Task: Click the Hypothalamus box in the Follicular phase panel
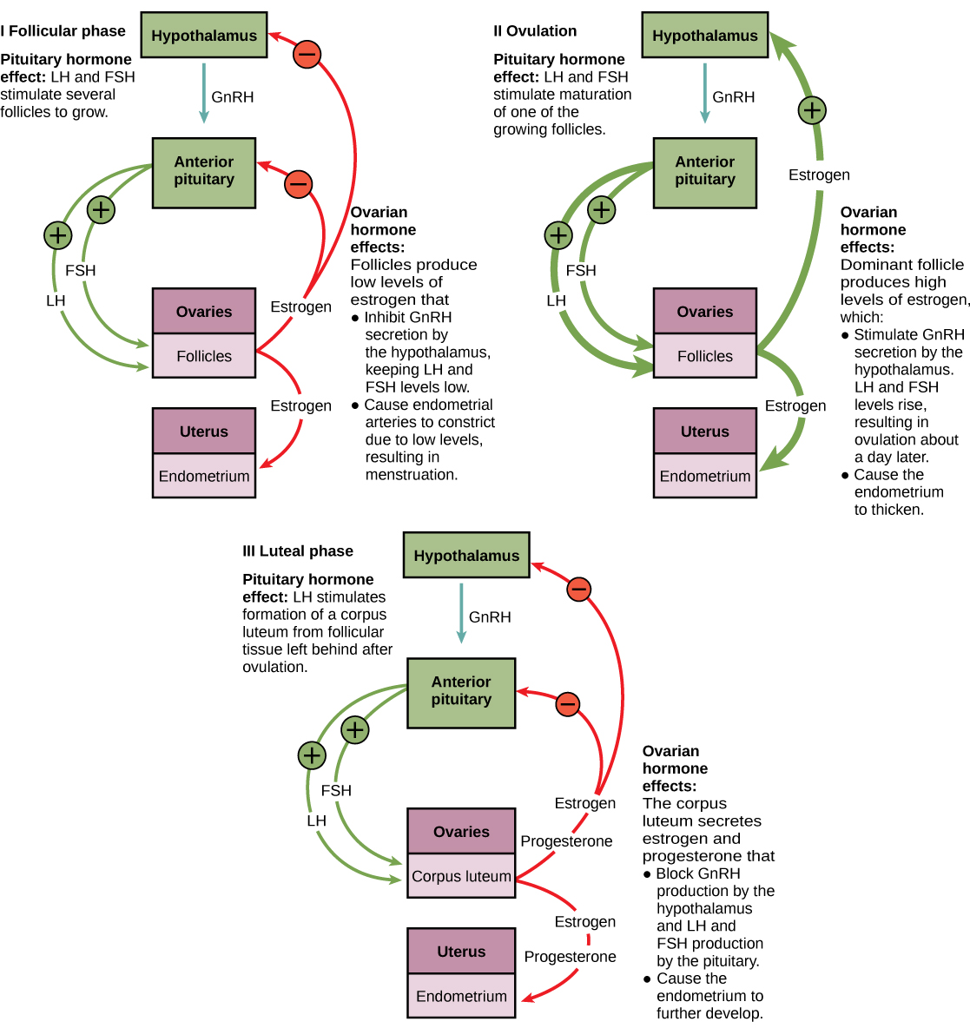pos(204,36)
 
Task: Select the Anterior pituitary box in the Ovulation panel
pos(704,172)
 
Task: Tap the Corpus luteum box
pos(461,876)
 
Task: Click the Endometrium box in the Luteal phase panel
pos(461,996)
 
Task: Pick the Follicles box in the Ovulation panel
pos(704,356)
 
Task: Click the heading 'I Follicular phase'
pos(63,31)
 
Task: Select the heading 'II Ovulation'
pos(535,31)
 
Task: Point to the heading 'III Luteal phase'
pos(298,551)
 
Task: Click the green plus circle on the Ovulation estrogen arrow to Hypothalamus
pos(811,110)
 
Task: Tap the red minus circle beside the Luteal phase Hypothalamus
pos(579,590)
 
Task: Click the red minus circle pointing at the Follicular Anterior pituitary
pos(298,184)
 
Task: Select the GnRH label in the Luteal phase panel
pos(490,617)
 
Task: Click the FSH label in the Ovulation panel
pos(581,271)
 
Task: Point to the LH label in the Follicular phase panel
pos(56,300)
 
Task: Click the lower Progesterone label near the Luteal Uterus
pos(570,957)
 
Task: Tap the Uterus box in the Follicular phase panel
pos(204,432)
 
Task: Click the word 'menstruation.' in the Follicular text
pos(411,475)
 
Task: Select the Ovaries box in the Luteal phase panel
pos(461,832)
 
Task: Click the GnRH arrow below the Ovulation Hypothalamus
pos(704,92)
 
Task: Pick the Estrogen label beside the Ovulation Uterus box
pos(795,405)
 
